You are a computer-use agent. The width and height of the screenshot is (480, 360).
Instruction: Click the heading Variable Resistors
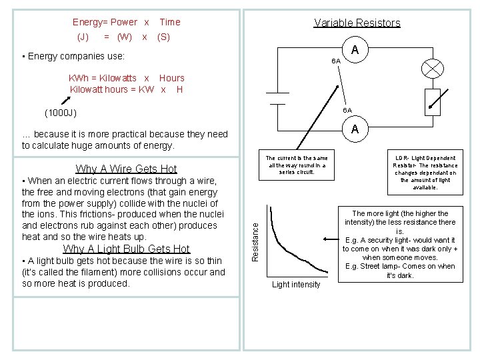[357, 23]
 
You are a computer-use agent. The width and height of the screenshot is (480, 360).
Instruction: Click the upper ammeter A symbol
[355, 50]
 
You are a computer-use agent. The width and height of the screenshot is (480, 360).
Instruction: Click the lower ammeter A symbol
[355, 129]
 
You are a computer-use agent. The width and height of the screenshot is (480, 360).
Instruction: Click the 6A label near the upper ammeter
[336, 61]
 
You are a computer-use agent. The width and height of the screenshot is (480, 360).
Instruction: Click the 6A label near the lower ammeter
[347, 110]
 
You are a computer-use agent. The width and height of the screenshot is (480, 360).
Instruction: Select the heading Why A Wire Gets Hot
[126, 169]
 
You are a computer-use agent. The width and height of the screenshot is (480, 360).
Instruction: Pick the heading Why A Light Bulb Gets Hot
[126, 249]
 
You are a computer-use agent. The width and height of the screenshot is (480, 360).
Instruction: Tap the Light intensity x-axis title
[296, 285]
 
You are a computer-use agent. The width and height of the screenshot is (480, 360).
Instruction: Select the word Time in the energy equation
[169, 22]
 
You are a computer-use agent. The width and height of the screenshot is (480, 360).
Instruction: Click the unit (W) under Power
[123, 37]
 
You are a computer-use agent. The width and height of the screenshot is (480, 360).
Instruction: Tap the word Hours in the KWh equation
[171, 78]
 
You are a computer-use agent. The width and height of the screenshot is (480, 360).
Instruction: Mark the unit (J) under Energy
[83, 37]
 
